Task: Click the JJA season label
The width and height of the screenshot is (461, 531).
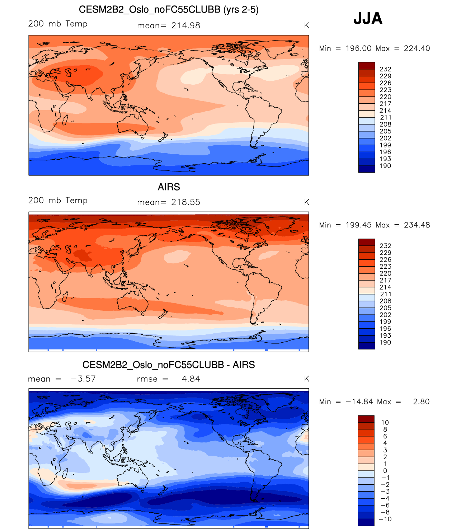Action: (x=368, y=18)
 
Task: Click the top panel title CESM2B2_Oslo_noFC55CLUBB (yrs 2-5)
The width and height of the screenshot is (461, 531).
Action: (x=169, y=9)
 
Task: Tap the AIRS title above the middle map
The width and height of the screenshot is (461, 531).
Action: (x=169, y=187)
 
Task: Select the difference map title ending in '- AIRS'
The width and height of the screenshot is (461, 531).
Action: (x=169, y=365)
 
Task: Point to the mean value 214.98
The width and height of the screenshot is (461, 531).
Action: (x=185, y=25)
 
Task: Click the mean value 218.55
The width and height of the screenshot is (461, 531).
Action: (x=185, y=202)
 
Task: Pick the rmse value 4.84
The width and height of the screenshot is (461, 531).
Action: (x=191, y=379)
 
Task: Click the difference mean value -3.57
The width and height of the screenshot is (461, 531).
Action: (x=83, y=379)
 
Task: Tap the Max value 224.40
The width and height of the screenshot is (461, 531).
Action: (x=417, y=48)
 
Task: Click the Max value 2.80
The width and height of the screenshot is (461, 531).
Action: (x=421, y=401)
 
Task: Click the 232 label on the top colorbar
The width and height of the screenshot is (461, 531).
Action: (x=385, y=69)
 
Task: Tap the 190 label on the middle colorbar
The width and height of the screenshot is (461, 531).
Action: (x=385, y=343)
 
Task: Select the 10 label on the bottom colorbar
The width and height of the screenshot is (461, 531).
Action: (x=385, y=423)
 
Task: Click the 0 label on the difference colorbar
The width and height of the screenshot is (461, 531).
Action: (x=385, y=471)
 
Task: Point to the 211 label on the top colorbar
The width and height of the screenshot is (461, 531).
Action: (x=386, y=118)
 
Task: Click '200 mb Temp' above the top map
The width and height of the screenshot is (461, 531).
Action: (x=58, y=24)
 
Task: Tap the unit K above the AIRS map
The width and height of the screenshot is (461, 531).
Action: (x=306, y=202)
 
